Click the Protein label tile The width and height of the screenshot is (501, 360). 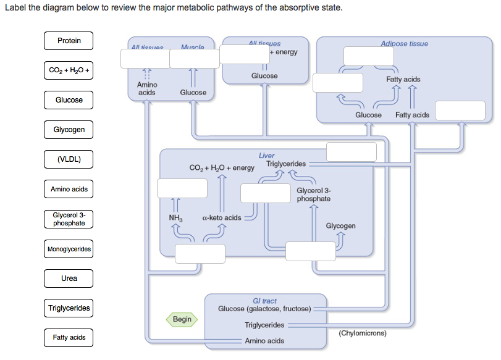point(69,41)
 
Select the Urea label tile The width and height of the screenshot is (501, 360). point(69,278)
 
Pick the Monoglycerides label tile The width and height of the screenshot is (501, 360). point(69,249)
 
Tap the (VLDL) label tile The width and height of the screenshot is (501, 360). point(69,159)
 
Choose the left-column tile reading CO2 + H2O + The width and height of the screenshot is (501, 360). point(69,70)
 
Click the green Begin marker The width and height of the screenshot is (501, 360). point(182,319)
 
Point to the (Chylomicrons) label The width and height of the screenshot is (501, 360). point(363,333)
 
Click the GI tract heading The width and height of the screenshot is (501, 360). point(264,301)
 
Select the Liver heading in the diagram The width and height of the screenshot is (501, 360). point(267,156)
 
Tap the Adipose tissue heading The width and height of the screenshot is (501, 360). point(404,43)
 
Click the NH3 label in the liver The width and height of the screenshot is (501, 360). point(175,217)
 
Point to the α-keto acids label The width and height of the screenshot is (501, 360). point(221,217)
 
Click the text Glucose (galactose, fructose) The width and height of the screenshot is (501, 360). point(264,309)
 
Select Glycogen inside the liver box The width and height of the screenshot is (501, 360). point(340,226)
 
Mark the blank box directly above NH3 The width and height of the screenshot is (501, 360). point(180,188)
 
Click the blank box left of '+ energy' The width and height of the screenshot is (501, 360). point(245,54)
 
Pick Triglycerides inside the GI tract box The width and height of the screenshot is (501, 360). point(264,325)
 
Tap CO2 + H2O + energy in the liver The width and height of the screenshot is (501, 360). point(222,168)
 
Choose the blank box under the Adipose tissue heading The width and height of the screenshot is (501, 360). point(369,56)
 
